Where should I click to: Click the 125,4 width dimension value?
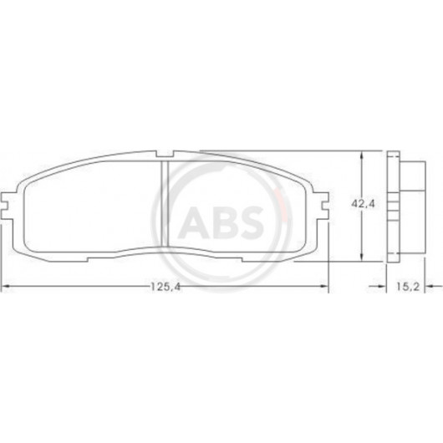(165, 287)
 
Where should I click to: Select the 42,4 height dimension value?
(363, 204)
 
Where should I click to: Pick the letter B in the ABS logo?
(220, 221)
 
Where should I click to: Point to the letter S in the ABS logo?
(248, 221)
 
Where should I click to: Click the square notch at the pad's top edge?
(165, 154)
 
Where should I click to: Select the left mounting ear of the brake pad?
(8, 206)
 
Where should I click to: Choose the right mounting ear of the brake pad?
(322, 206)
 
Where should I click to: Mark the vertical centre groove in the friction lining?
(165, 203)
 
